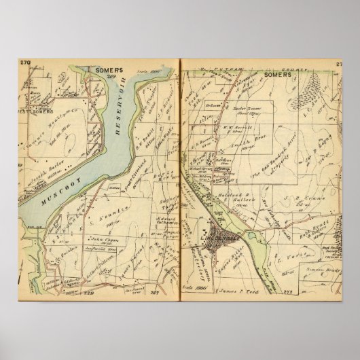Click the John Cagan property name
tap(101, 239)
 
